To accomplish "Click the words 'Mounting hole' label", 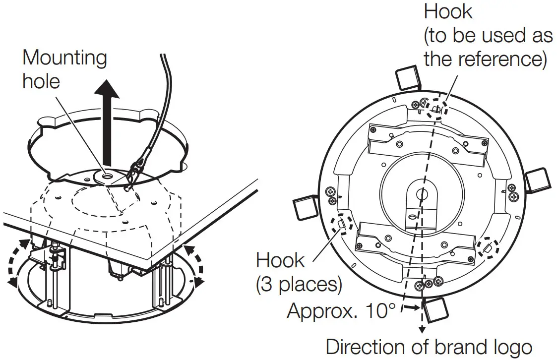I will (x=64, y=69).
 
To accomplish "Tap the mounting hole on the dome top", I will (x=106, y=175).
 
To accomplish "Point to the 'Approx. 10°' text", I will (x=341, y=311).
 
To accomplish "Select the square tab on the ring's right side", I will (x=537, y=180).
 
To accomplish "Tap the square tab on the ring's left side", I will (x=306, y=207).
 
